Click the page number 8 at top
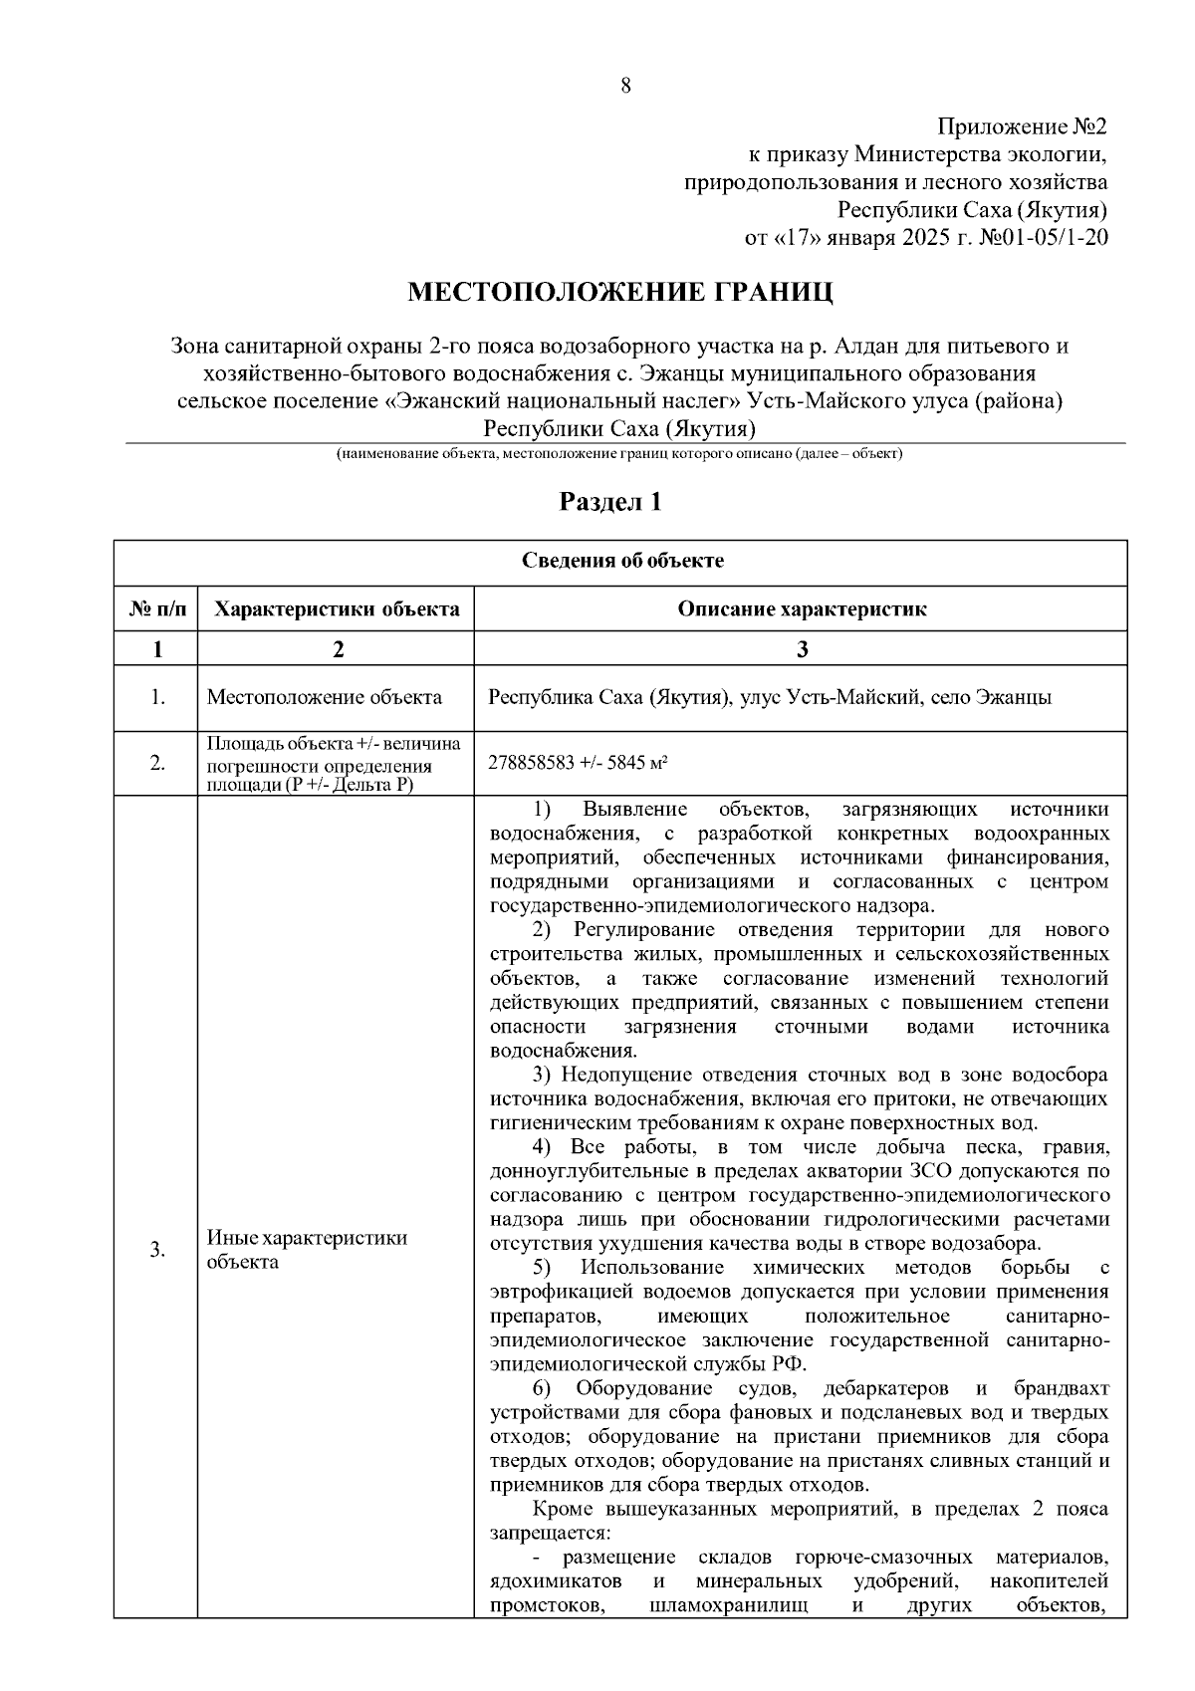tap(625, 86)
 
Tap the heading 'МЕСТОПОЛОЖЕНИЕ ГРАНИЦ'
tap(619, 292)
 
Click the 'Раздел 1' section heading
tap(609, 502)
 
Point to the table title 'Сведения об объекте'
tap(622, 561)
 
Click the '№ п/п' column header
tap(156, 608)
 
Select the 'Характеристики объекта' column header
tap(337, 608)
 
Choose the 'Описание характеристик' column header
tap(802, 608)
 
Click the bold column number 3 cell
tap(802, 649)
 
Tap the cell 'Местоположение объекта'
tap(324, 697)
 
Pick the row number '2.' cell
tap(156, 764)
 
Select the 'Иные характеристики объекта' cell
tap(307, 1250)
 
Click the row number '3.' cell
tap(156, 1250)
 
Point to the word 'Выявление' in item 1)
tap(630, 809)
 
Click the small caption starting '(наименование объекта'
tap(618, 454)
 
